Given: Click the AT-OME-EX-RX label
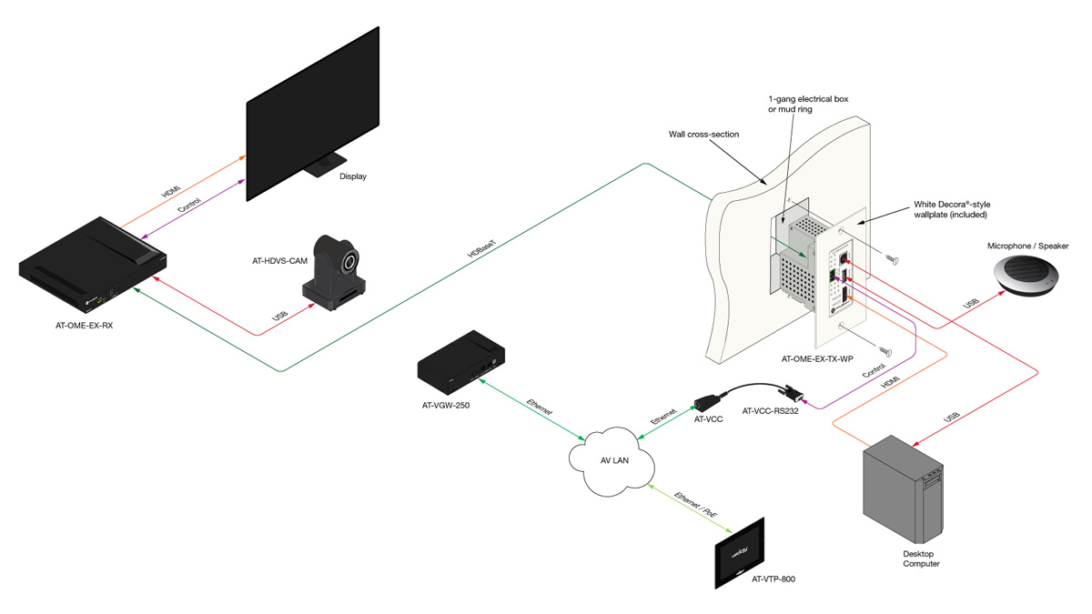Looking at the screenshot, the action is click(84, 326).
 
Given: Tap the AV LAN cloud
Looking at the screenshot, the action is click(612, 460).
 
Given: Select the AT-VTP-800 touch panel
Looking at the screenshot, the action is click(740, 553).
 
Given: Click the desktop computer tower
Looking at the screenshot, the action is click(903, 488).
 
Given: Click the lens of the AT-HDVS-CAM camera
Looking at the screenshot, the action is click(350, 262).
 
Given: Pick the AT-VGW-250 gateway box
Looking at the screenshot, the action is click(460, 362).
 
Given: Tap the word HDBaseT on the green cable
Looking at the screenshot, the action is click(481, 248).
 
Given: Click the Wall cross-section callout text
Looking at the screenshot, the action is click(703, 134).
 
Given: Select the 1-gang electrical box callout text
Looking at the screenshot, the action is click(808, 104).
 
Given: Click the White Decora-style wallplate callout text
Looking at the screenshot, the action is click(952, 209).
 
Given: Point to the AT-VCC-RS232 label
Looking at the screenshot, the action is click(770, 411).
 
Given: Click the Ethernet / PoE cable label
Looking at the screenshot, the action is click(695, 504).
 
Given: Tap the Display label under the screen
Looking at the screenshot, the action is click(352, 176).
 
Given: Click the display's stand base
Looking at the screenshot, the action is click(325, 166).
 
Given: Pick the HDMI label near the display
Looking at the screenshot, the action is click(171, 190).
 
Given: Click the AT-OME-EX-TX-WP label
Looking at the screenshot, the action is click(817, 359).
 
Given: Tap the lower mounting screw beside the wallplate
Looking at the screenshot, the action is click(885, 351).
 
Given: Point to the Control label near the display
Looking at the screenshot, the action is click(189, 206).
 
